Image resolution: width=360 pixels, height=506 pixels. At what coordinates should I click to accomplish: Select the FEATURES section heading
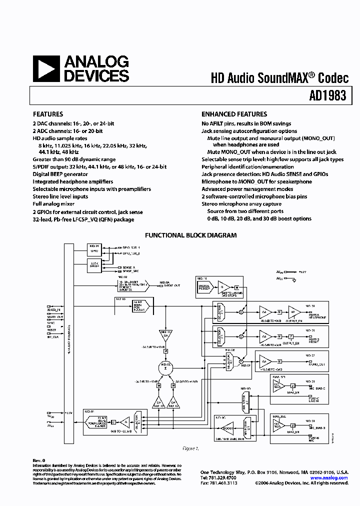pos(48,114)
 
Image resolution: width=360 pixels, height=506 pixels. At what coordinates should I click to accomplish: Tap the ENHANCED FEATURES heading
pos(234,114)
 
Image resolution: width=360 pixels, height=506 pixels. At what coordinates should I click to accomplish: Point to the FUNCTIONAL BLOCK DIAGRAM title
pos(190,235)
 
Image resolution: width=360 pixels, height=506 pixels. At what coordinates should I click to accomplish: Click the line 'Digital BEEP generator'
pos(60,174)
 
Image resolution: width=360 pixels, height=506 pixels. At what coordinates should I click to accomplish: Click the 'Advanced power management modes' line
pos(247,189)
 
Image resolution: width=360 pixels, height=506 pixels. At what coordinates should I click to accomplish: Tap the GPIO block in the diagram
pos(94,248)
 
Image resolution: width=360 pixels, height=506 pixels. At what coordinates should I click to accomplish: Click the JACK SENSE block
pos(94,264)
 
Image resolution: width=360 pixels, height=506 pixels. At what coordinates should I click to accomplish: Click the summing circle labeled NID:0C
pos(165,367)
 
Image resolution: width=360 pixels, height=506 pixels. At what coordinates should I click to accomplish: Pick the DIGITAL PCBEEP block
pos(205,287)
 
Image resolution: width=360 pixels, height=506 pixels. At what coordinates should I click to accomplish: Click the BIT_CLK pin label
pos(52,337)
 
